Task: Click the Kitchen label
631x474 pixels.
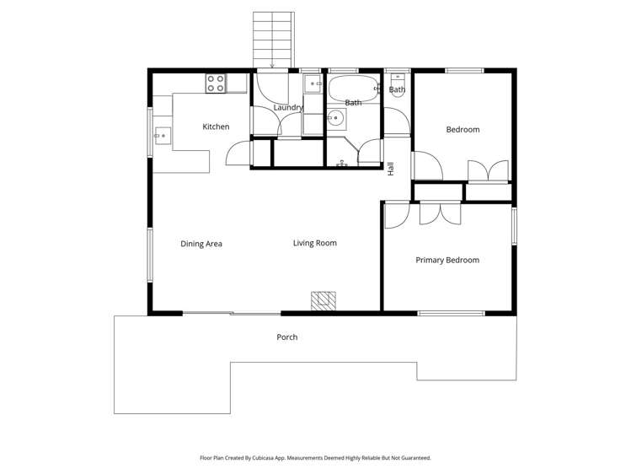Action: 216,127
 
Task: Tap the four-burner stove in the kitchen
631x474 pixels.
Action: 216,83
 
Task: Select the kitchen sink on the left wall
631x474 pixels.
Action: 162,133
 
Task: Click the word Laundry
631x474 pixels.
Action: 288,108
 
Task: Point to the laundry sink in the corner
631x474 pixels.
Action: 313,83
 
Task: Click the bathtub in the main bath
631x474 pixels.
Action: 353,87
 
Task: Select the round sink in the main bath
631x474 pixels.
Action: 335,117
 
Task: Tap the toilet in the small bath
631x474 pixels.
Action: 397,94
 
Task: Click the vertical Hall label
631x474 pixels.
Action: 391,168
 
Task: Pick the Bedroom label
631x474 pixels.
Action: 463,129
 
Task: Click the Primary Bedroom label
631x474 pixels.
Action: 447,260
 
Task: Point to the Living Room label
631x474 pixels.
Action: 315,243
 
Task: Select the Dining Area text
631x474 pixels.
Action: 201,244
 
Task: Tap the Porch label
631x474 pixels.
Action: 287,337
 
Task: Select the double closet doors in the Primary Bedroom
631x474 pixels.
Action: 440,213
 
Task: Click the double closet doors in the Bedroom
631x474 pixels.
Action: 488,170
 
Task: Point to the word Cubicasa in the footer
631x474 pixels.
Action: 290,458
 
